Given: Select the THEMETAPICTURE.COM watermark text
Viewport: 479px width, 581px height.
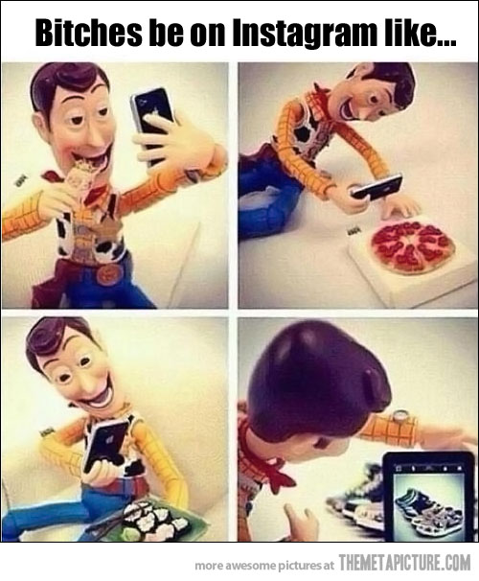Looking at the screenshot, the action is (x=404, y=566).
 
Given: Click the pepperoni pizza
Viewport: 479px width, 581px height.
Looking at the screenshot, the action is (x=413, y=245).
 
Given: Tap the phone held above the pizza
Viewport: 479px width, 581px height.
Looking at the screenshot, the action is (x=376, y=188).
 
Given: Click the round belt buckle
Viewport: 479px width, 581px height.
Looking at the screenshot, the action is (x=110, y=274).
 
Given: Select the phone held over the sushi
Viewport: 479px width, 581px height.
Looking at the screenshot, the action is (x=106, y=445).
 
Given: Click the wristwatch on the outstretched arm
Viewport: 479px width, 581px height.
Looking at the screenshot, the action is (x=400, y=416).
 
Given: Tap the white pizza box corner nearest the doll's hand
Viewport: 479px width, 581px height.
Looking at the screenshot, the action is (x=351, y=249).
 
